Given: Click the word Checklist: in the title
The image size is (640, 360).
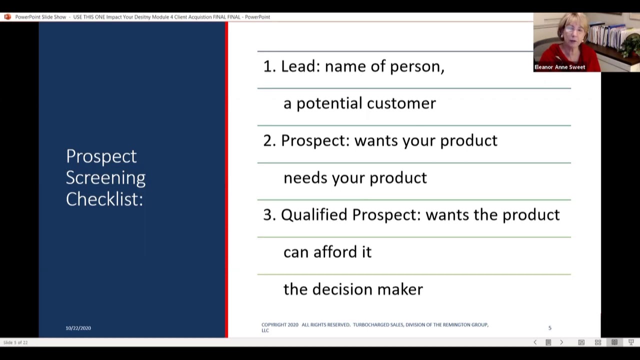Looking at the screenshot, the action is (x=104, y=199).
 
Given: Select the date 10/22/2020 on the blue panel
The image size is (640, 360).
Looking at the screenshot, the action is (x=78, y=328).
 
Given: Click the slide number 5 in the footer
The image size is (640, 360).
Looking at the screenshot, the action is (x=549, y=328).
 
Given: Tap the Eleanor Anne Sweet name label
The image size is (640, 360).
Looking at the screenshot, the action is (x=559, y=67).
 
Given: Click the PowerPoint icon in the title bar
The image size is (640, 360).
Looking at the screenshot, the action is (x=7, y=17).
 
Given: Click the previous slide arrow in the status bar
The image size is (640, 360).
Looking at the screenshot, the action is (x=535, y=342).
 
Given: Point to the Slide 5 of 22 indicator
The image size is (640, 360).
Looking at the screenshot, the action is (x=15, y=342).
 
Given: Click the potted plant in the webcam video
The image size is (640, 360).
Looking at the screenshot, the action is (x=631, y=45).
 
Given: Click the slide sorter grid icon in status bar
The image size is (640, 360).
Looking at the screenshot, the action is (x=598, y=342).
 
